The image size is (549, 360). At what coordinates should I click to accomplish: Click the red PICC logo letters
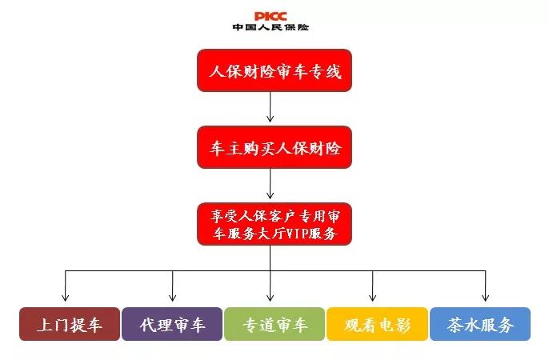point(270,16)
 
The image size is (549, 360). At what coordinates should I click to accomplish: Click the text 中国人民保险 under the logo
point(270,27)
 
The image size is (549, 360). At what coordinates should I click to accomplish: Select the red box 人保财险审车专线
point(274,70)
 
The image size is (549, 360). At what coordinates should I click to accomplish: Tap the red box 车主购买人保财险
point(274,147)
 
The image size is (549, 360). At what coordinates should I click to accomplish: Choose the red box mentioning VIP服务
point(274,224)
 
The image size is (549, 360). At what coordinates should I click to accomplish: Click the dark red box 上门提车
point(70,324)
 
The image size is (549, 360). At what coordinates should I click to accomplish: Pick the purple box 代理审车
point(172,324)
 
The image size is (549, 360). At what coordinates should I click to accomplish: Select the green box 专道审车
point(274,324)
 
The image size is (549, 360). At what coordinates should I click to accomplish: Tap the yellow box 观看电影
point(377,324)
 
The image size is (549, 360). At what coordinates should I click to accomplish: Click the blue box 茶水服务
point(480,324)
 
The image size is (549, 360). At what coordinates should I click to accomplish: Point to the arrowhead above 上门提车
point(65,298)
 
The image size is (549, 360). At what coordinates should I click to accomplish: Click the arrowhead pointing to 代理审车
point(172,298)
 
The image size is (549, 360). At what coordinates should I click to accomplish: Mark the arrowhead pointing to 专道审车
point(270,298)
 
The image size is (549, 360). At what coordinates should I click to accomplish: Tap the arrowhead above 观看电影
point(373,298)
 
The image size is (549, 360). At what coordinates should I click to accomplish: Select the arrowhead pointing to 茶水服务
point(485,298)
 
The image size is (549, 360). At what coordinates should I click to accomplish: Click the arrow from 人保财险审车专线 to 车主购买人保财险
point(270,106)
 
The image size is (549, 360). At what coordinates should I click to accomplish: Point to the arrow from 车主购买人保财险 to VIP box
point(270,184)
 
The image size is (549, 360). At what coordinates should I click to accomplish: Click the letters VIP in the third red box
point(297,234)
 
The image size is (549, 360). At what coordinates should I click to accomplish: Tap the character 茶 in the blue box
point(455,325)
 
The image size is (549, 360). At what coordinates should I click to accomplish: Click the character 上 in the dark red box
point(45,325)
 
